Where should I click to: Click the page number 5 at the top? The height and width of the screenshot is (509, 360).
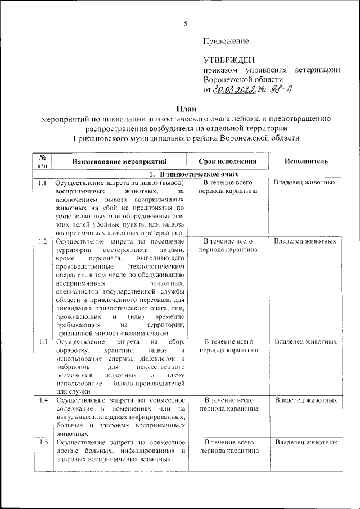point(184,23)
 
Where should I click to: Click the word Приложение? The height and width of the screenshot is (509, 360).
point(226,41)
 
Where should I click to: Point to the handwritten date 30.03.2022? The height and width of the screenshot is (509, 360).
point(235,90)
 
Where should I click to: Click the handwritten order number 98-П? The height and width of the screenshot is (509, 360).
point(278,90)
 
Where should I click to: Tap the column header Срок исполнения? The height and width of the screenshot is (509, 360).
point(228,161)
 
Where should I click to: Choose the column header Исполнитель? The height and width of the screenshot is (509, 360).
point(305,161)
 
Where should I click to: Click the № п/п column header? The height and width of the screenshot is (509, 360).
point(42,161)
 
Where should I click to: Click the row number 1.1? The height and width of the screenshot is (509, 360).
point(42,183)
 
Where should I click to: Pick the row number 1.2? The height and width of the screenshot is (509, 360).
point(42,241)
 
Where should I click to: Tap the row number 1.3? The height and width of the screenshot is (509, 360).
point(42,342)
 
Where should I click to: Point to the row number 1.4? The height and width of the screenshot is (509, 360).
point(42,400)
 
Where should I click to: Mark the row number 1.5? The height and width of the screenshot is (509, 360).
point(42,442)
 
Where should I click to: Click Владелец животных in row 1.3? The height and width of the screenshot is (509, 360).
point(305,342)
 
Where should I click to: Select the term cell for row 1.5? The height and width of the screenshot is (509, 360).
point(228,447)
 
